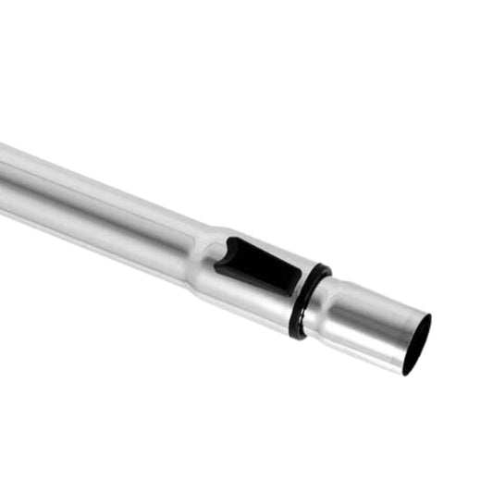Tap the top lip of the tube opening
click(427, 317)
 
